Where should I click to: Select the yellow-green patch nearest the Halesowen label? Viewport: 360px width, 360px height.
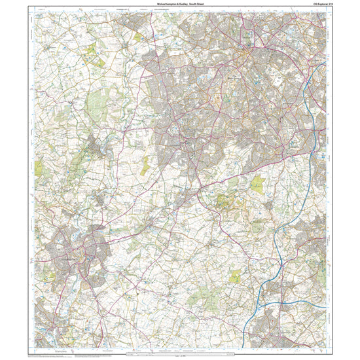tap(257, 185)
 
